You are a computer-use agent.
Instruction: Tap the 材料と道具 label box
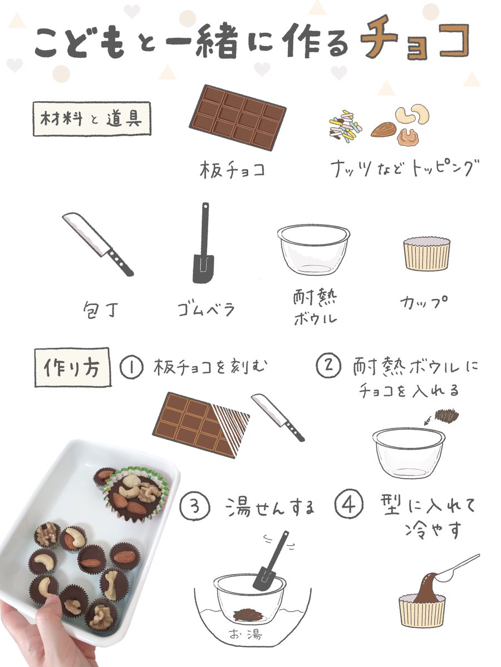92,118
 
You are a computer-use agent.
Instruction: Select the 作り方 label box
73,367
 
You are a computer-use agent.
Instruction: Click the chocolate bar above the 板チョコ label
238,117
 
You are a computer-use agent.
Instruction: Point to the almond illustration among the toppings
384,130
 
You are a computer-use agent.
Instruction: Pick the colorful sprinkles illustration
346,125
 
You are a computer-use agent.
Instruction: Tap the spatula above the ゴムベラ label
204,243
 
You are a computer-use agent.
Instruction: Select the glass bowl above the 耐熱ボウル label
313,250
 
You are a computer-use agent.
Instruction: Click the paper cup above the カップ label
426,254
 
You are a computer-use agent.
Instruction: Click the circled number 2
328,366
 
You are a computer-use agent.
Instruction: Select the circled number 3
195,507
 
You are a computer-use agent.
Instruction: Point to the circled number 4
349,504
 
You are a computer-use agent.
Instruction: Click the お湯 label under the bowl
245,632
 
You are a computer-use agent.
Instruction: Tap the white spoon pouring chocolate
456,568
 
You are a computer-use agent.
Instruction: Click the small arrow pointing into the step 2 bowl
428,420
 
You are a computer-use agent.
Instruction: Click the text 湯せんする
270,507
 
